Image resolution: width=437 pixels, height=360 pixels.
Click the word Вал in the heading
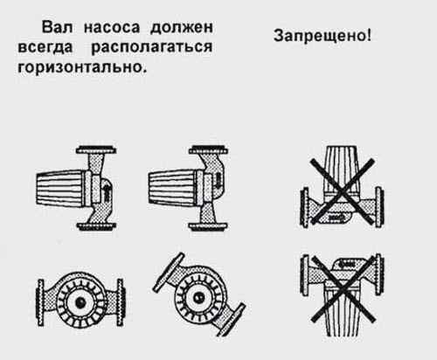click(x=57, y=27)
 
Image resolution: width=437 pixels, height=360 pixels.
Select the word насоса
click(x=112, y=28)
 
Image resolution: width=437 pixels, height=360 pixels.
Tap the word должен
click(x=182, y=28)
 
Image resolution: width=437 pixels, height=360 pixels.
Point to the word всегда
click(x=45, y=47)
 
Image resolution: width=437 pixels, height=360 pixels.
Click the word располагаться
click(x=152, y=47)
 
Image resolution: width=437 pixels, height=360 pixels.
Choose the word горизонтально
click(x=80, y=66)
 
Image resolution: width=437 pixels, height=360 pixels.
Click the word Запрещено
click(x=320, y=36)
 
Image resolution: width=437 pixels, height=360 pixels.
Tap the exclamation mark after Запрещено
click(x=370, y=35)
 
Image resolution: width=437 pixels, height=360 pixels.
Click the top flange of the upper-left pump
click(x=96, y=150)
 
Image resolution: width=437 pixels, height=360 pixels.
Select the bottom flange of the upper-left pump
click(x=96, y=225)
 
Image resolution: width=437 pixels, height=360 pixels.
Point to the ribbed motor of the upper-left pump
click(x=60, y=187)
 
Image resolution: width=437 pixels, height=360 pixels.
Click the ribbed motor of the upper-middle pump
click(x=172, y=187)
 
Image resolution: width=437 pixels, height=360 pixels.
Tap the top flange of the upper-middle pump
click(x=208, y=150)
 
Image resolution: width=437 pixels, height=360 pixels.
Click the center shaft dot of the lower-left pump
click(x=80, y=302)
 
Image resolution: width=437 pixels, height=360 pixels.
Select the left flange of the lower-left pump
click(x=40, y=302)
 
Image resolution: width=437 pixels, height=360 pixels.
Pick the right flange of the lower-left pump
click(x=120, y=302)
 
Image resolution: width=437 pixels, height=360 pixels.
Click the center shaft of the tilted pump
click(x=199, y=297)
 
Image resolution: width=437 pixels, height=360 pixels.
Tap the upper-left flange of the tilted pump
click(x=169, y=272)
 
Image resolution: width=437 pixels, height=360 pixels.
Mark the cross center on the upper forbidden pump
click(x=342, y=192)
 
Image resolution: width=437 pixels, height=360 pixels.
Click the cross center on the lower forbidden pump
click(x=343, y=288)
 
